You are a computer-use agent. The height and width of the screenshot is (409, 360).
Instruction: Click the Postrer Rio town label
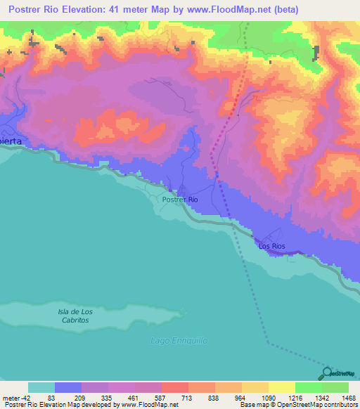point(179,200)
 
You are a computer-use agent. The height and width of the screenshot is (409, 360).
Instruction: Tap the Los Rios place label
point(272,246)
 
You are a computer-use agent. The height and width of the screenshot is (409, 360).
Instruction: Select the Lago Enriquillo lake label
point(179,340)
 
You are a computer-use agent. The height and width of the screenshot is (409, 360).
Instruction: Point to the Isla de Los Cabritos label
point(74,316)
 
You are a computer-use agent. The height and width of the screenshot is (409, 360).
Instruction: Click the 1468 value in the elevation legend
point(339,397)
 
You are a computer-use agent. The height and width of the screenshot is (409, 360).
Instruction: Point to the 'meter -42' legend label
point(16,397)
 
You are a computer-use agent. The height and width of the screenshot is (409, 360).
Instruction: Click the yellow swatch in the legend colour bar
point(281,387)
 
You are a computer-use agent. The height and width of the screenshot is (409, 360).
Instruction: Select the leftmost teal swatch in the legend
point(41,387)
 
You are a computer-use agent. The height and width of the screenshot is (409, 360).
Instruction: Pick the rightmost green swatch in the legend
point(335,387)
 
